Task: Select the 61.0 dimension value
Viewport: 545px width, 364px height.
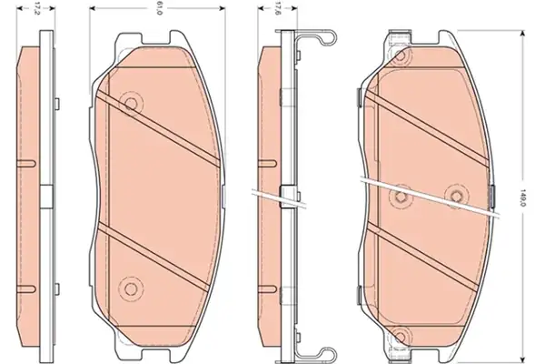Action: coord(160,7)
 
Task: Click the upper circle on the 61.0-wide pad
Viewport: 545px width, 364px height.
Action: coord(131,104)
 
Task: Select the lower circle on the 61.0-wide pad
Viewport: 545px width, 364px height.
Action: coord(131,288)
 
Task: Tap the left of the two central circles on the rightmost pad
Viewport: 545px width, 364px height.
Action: coord(400,197)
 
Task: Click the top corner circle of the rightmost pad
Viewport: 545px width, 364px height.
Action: coord(402,55)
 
